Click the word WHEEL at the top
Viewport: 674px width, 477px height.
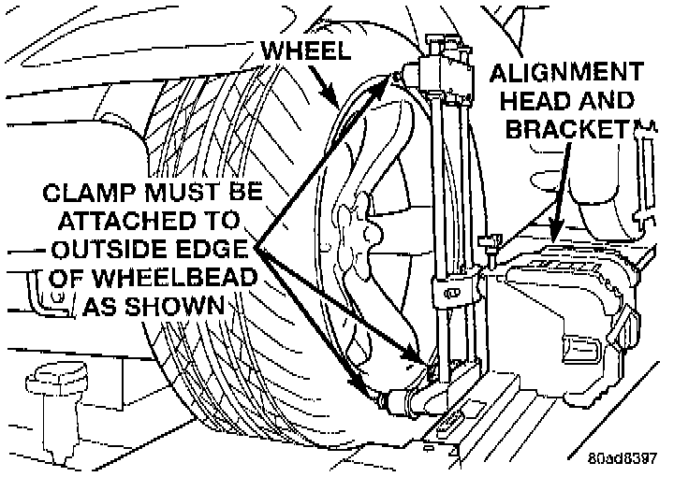306,51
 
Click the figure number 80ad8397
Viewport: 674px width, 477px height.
623,459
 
